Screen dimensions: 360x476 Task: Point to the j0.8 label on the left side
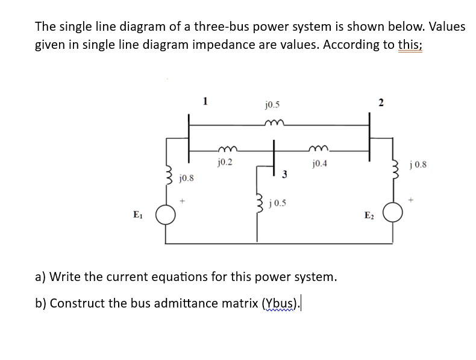187,178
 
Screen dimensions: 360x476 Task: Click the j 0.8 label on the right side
418,164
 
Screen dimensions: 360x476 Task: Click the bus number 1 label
205,101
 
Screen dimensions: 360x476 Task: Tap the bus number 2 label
381,102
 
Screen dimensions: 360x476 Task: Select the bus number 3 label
284,174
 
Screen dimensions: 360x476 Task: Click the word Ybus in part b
280,303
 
